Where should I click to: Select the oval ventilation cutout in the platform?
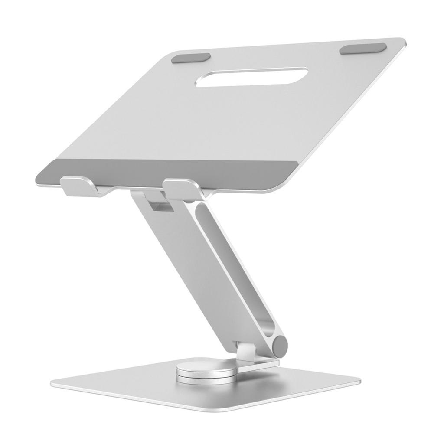click(251, 76)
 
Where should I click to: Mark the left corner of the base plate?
click(54, 384)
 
